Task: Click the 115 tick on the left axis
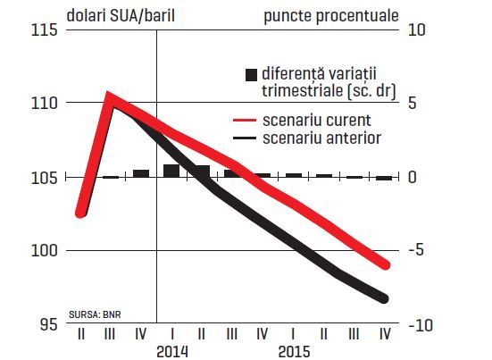45,30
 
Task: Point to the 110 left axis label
45,104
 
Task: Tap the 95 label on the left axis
49,324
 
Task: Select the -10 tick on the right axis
421,325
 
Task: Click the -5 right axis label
416,249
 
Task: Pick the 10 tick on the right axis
417,30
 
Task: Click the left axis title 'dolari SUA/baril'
121,16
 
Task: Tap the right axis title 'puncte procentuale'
331,16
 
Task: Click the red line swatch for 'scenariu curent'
245,121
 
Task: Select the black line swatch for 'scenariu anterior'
245,138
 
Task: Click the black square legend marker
251,75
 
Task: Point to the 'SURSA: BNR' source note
95,314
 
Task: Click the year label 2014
172,352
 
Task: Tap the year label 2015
294,352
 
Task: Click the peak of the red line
108,94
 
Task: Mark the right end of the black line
384,298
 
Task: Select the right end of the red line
385,265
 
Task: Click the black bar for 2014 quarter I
171,171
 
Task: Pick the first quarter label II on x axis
81,334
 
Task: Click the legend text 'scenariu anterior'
322,138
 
